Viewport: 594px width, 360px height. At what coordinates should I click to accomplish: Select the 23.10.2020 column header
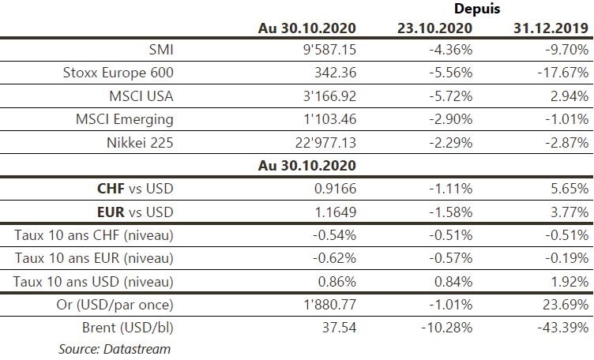(434, 28)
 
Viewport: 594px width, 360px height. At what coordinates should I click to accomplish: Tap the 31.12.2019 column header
(551, 28)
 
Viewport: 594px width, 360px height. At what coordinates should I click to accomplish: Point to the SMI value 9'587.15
(325, 50)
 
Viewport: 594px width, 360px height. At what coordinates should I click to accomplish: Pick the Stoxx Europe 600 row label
(118, 73)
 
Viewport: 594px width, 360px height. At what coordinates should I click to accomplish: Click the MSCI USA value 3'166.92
(325, 97)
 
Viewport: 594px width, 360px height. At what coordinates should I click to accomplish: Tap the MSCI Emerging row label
(124, 121)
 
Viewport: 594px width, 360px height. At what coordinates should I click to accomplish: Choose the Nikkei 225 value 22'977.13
(321, 144)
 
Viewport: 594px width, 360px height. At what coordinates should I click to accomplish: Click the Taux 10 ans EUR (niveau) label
(94, 258)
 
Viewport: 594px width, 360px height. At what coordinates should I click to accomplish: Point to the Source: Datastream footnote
(114, 348)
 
